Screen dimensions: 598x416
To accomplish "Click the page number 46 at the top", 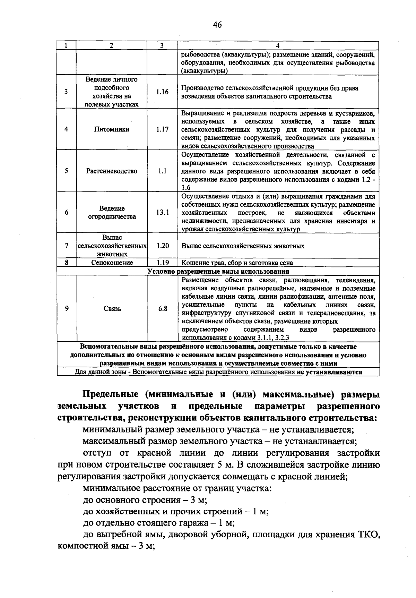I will pos(217,25).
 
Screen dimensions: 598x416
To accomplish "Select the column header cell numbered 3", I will pos(162,46).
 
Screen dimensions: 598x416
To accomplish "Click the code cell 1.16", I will pos(162,92).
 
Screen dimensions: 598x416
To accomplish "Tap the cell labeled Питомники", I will pos(112,129).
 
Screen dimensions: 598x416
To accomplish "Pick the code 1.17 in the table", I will pos(162,129).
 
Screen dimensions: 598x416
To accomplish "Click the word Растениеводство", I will pos(112,171).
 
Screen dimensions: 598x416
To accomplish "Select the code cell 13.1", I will pos(162,212).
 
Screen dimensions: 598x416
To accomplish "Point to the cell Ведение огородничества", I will pos(112,213).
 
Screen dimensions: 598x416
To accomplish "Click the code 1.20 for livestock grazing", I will pos(162,246).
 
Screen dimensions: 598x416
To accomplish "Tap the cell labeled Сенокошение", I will pos(112,263).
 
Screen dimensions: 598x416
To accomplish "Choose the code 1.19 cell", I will pos(162,263).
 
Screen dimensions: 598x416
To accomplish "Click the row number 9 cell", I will pos(66,309).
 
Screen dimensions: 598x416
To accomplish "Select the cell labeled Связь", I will pos(112,309).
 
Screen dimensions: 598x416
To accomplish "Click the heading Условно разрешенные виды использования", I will pos(218,271).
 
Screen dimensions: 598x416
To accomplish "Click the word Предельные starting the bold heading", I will pos(110,394).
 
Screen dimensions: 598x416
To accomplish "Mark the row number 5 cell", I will pos(66,171).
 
